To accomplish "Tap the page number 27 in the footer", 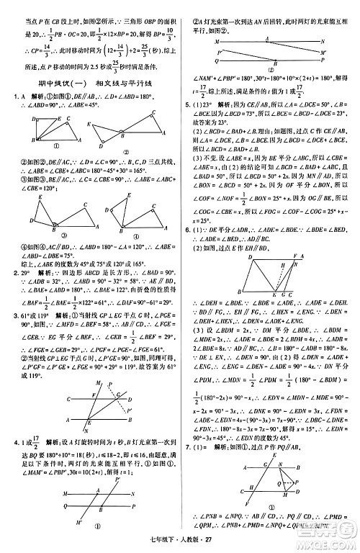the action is point(189,544).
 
